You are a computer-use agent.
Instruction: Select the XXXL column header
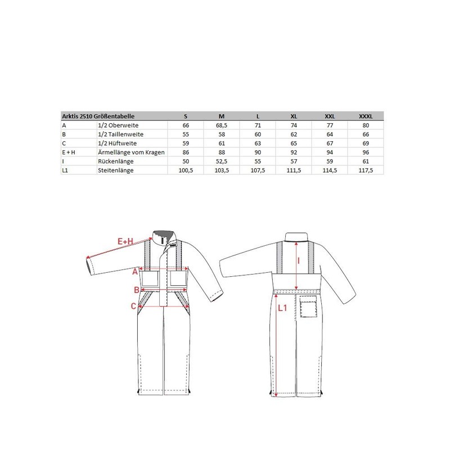point(364,116)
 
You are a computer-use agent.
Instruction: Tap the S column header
point(186,116)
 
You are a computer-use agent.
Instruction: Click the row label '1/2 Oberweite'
point(118,125)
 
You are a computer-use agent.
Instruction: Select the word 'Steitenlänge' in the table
point(116,170)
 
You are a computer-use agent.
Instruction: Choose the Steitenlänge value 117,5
point(364,170)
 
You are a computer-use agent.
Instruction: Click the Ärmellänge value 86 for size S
point(186,152)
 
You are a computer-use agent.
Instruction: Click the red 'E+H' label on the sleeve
point(125,241)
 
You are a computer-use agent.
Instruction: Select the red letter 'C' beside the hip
point(133,306)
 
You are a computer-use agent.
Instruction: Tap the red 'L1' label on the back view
point(283,307)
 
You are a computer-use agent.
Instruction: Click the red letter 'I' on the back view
point(299,260)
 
